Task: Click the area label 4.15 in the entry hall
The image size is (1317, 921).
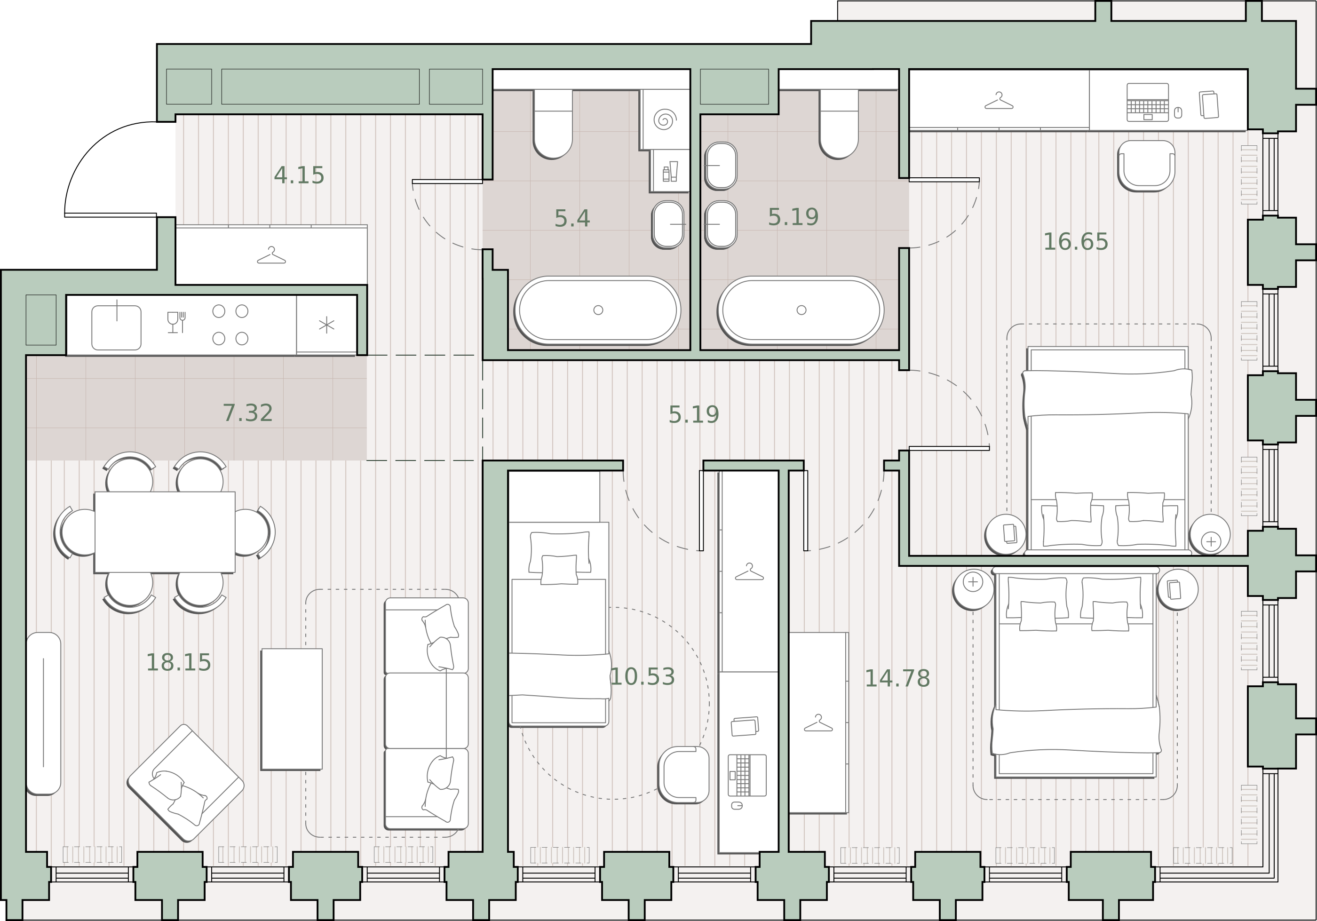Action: pyautogui.click(x=299, y=175)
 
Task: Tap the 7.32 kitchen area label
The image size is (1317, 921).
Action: pyautogui.click(x=248, y=413)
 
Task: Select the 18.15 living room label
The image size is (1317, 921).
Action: pyautogui.click(x=178, y=663)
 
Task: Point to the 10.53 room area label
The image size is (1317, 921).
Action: pyautogui.click(x=643, y=677)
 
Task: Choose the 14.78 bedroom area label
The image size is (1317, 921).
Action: pyautogui.click(x=897, y=678)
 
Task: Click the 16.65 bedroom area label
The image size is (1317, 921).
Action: pyautogui.click(x=1076, y=242)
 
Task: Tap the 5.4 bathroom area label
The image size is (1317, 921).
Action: pyautogui.click(x=572, y=219)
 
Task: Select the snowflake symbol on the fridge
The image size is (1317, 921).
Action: pyautogui.click(x=326, y=325)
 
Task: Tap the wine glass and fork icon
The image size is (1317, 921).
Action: pyautogui.click(x=176, y=322)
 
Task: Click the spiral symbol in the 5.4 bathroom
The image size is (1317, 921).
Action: pyautogui.click(x=665, y=120)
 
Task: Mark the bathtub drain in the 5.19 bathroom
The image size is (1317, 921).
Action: pyautogui.click(x=801, y=310)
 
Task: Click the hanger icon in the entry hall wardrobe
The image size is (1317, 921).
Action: pyautogui.click(x=271, y=255)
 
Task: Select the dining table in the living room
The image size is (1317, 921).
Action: pyautogui.click(x=165, y=532)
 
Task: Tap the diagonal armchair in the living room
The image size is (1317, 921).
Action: pyautogui.click(x=185, y=783)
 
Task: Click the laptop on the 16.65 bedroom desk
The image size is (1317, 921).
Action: pyautogui.click(x=1147, y=102)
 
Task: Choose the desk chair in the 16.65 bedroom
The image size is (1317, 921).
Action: pyautogui.click(x=1146, y=166)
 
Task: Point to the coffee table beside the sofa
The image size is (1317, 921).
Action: pyautogui.click(x=292, y=709)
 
